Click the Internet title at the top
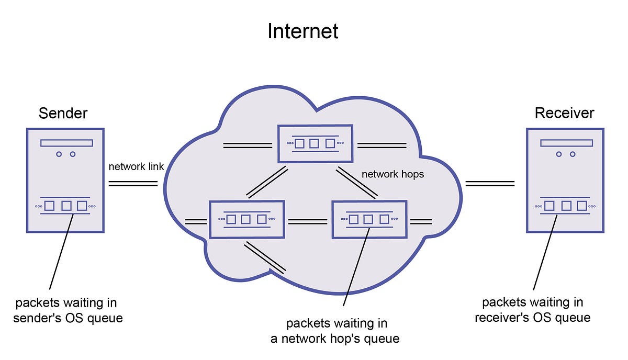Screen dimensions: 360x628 pyautogui.click(x=303, y=31)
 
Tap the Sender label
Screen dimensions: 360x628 pyautogui.click(x=63, y=113)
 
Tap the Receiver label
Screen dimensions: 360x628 pyautogui.click(x=564, y=113)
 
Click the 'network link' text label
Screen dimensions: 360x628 pyautogui.click(x=136, y=167)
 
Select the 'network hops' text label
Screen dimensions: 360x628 pyautogui.click(x=392, y=174)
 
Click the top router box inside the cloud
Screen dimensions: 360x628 pyautogui.click(x=314, y=143)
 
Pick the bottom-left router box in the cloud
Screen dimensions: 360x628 pyautogui.click(x=246, y=220)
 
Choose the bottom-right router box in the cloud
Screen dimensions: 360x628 pyautogui.click(x=369, y=220)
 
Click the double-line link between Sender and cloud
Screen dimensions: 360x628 pyautogui.click(x=133, y=183)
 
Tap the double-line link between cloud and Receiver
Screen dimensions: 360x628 pyautogui.click(x=490, y=183)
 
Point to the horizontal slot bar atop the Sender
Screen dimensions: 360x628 pyautogui.click(x=66, y=143)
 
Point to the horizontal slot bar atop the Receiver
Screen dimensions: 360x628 pyautogui.click(x=566, y=143)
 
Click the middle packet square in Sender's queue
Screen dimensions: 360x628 pyautogui.click(x=66, y=206)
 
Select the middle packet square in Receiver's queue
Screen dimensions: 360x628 pyautogui.click(x=566, y=206)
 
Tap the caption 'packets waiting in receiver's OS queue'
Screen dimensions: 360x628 pyautogui.click(x=533, y=310)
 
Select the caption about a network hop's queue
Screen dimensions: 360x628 pyautogui.click(x=335, y=331)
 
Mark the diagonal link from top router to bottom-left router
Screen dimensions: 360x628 pyautogui.click(x=267, y=183)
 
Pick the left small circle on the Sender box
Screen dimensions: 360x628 pyautogui.click(x=59, y=154)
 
